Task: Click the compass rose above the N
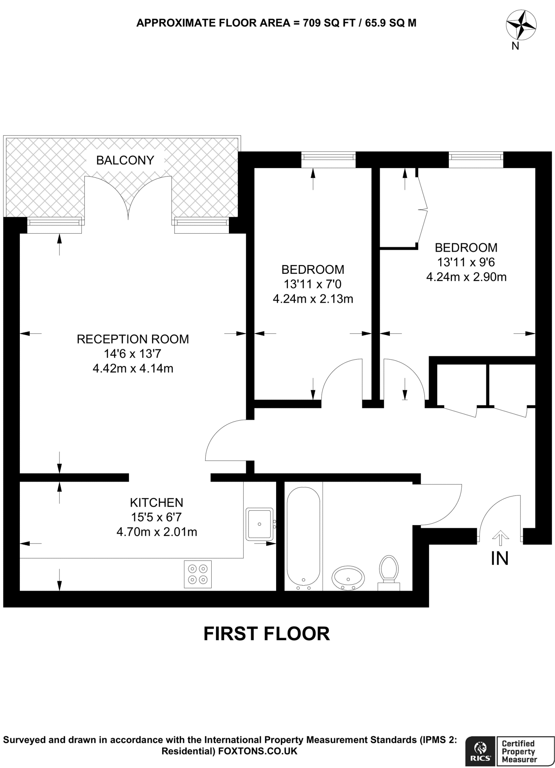click(521, 25)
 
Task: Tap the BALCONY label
click(125, 160)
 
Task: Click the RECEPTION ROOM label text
click(133, 339)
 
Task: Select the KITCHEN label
click(156, 502)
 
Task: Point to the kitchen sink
click(259, 524)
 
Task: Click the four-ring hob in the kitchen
click(197, 574)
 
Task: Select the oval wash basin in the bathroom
click(348, 577)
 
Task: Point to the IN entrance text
click(499, 559)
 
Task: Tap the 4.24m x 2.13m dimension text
click(313, 299)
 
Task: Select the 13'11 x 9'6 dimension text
click(466, 262)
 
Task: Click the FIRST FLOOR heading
click(266, 634)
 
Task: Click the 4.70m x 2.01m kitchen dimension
click(156, 532)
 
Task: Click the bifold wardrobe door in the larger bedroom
click(423, 210)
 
